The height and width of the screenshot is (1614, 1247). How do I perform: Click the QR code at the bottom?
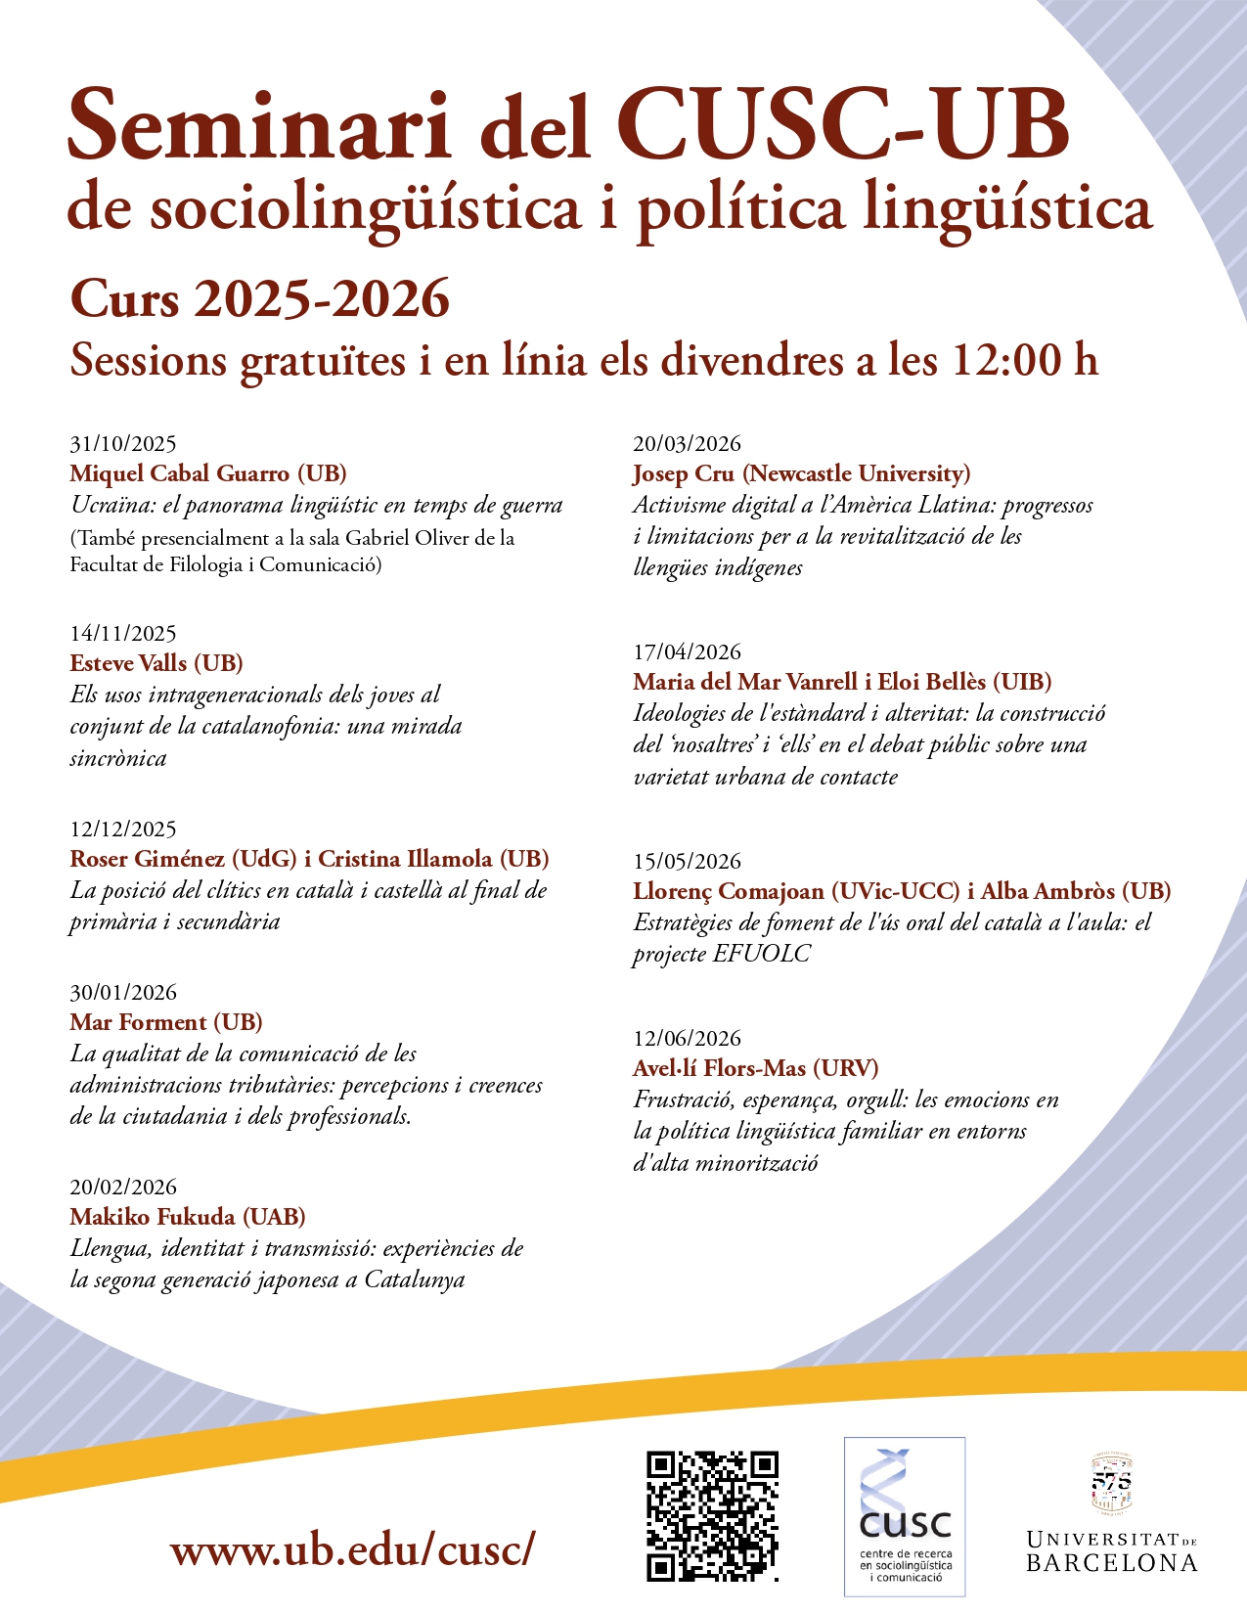[712, 1515]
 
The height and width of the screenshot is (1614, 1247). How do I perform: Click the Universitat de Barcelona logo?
[1111, 1514]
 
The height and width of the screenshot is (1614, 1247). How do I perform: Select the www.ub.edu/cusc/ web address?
[352, 1549]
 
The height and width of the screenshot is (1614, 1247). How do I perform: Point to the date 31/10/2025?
[123, 444]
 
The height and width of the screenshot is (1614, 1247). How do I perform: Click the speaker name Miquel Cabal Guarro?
[181, 474]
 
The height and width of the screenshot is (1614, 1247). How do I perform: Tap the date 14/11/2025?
[123, 634]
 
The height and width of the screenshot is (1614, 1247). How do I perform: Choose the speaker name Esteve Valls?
[128, 663]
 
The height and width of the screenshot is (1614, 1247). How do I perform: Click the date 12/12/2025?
[123, 829]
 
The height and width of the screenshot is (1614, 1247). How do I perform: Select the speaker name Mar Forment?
[138, 1022]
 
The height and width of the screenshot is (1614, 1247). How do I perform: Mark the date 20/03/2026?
[688, 444]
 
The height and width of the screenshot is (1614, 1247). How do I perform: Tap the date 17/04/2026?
[688, 652]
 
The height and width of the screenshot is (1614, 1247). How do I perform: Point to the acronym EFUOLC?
[762, 954]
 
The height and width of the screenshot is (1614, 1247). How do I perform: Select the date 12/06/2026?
[688, 1039]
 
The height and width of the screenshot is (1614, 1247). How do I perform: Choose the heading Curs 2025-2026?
[260, 298]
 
